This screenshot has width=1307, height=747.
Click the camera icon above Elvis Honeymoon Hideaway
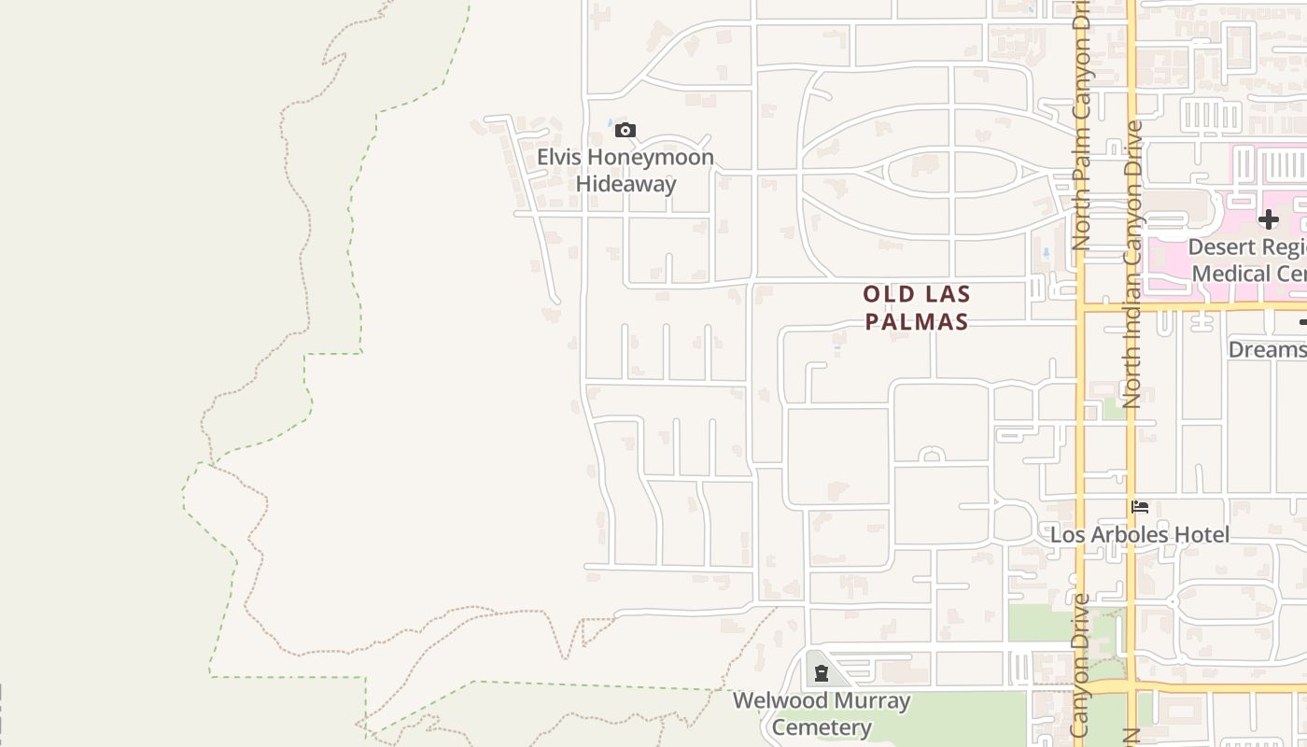click(625, 131)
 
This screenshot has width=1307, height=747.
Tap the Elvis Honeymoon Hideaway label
click(625, 171)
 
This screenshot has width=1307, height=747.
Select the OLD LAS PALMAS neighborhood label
click(916, 308)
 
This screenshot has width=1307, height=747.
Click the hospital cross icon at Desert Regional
click(1268, 220)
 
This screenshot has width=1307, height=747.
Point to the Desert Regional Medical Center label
click(1247, 261)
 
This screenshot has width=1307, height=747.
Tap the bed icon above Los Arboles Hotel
click(1140, 507)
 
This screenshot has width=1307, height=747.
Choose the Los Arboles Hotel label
click(1140, 535)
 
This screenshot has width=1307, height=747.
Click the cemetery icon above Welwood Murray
click(822, 673)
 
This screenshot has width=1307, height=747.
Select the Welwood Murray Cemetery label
click(822, 714)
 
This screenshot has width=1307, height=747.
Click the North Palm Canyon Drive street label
click(1081, 126)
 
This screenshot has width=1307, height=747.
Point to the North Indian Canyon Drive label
click(1133, 264)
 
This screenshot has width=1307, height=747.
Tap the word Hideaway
click(625, 184)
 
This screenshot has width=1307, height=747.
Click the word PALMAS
click(916, 322)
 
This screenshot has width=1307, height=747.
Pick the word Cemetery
click(822, 727)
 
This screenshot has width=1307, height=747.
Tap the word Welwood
click(780, 700)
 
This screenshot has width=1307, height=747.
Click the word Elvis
click(559, 158)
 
